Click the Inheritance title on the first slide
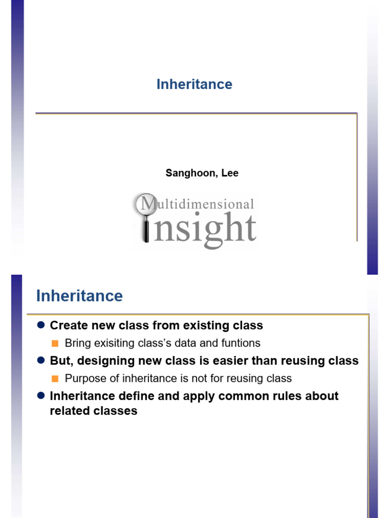pyautogui.click(x=194, y=84)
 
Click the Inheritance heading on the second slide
pyautogui.click(x=80, y=295)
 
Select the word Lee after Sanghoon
pyautogui.click(x=230, y=173)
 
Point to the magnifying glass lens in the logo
pyautogui.click(x=146, y=204)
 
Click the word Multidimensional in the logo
pyautogui.click(x=198, y=203)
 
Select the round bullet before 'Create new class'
pyautogui.click(x=41, y=325)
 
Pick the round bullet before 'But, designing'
pyautogui.click(x=41, y=360)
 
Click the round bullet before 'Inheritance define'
pyautogui.click(x=41, y=396)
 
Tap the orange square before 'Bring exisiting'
pyautogui.click(x=55, y=343)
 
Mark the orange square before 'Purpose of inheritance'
pyautogui.click(x=55, y=378)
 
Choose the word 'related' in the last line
pyautogui.click(x=70, y=411)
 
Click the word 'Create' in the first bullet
pyautogui.click(x=69, y=325)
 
